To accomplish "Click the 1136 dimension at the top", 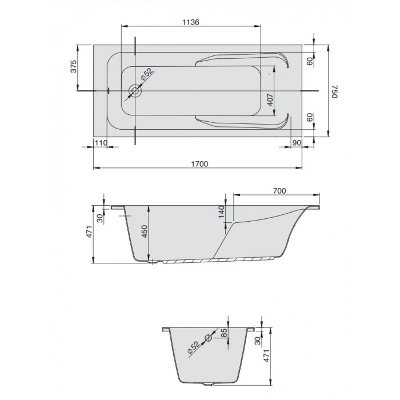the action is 190,22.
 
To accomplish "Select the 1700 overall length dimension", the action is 200,164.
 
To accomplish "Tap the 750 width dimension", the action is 334,91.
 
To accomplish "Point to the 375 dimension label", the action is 74,66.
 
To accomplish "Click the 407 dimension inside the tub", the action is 270,100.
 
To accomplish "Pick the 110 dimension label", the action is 101,143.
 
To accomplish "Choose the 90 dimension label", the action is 297,143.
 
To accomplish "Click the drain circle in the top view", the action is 135,90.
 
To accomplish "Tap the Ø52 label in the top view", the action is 147,74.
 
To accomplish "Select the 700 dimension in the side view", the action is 279,190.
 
